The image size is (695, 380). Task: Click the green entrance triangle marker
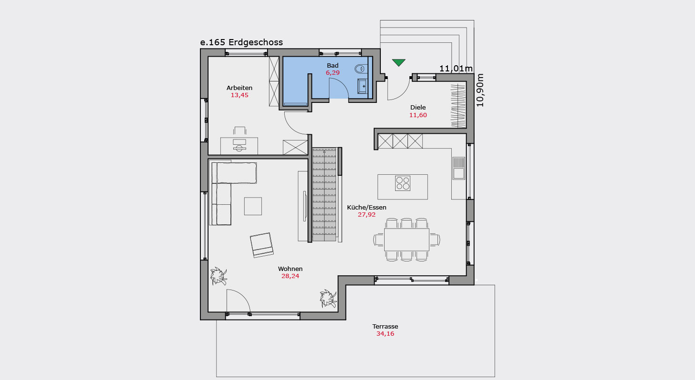pyautogui.click(x=398, y=62)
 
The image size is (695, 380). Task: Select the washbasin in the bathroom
pyautogui.click(x=362, y=86)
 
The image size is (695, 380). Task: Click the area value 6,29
pyautogui.click(x=333, y=73)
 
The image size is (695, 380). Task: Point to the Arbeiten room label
pyautogui.click(x=239, y=88)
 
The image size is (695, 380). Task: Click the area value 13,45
pyautogui.click(x=239, y=95)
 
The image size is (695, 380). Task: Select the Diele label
pyautogui.click(x=418, y=108)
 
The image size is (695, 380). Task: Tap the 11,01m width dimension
pyautogui.click(x=456, y=69)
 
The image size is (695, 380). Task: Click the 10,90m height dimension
pyautogui.click(x=480, y=90)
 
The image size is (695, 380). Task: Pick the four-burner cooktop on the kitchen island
pyautogui.click(x=403, y=183)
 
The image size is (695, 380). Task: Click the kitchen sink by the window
pyautogui.click(x=458, y=168)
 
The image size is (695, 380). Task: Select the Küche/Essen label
pyautogui.click(x=367, y=208)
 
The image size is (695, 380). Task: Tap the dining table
pyautogui.click(x=407, y=240)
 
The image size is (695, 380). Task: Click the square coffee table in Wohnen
pyautogui.click(x=253, y=206)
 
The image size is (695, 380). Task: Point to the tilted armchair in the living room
pyautogui.click(x=262, y=245)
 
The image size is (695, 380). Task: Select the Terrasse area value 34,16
pyautogui.click(x=385, y=334)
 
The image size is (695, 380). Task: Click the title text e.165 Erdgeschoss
pyautogui.click(x=241, y=42)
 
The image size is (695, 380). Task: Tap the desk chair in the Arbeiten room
pyautogui.click(x=240, y=130)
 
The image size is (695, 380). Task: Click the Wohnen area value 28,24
pyautogui.click(x=290, y=276)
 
